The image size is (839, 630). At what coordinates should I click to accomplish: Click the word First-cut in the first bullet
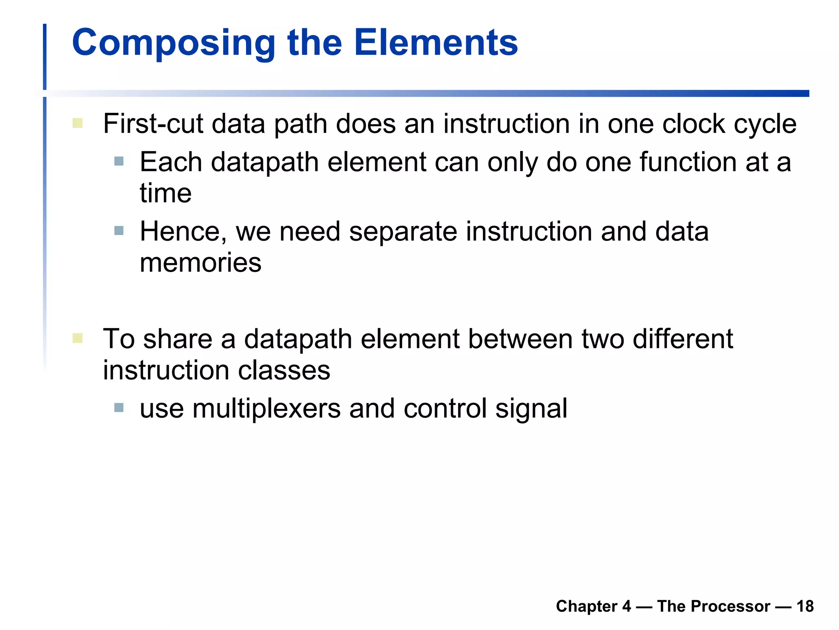(153, 123)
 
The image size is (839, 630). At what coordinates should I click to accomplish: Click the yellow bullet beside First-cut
(77, 123)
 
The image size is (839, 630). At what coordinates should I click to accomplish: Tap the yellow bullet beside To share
(77, 338)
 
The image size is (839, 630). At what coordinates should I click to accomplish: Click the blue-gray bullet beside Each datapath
(119, 161)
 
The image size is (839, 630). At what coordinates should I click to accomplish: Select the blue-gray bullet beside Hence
(119, 231)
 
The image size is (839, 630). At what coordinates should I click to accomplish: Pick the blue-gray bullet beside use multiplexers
(119, 407)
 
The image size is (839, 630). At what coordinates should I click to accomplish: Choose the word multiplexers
(266, 409)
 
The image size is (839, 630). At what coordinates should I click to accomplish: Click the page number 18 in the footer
(805, 606)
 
